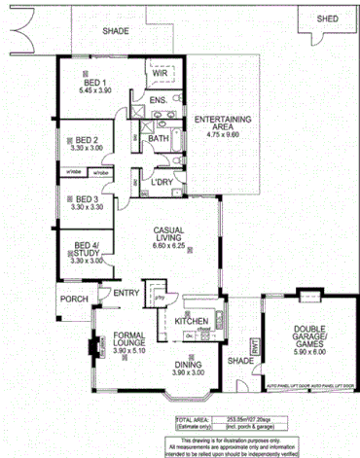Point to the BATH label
click(x=159, y=139)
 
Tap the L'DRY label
click(x=162, y=182)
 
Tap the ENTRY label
click(x=126, y=294)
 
